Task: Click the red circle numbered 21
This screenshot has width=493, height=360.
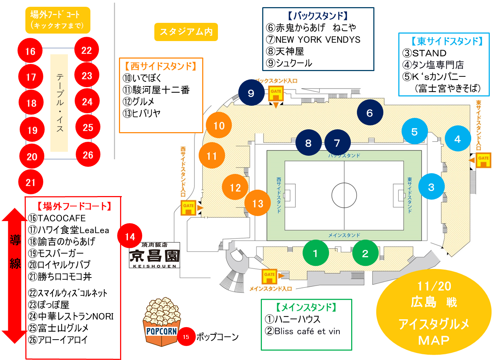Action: [31, 182]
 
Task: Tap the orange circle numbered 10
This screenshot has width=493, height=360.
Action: [219, 125]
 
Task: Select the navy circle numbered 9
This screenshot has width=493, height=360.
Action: [251, 93]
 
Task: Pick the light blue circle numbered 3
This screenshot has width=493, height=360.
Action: [431, 187]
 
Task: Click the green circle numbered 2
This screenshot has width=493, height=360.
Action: [365, 253]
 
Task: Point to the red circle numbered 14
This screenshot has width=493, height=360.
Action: [130, 236]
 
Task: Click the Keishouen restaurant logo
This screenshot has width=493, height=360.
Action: [154, 255]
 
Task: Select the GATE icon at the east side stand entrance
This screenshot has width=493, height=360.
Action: [483, 160]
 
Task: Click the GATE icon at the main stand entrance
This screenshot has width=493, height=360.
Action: [269, 276]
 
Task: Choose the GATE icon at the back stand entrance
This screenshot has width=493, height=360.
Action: [276, 94]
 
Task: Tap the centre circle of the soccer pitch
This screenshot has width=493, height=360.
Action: [344, 195]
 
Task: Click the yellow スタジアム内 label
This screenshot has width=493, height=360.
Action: [186, 32]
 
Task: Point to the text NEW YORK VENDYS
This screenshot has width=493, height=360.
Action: [318, 40]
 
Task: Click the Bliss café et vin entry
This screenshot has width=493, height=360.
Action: [307, 331]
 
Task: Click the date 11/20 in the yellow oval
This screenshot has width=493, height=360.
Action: [434, 286]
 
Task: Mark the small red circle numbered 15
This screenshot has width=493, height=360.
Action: [186, 337]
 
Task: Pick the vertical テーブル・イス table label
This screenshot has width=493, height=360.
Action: [59, 103]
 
